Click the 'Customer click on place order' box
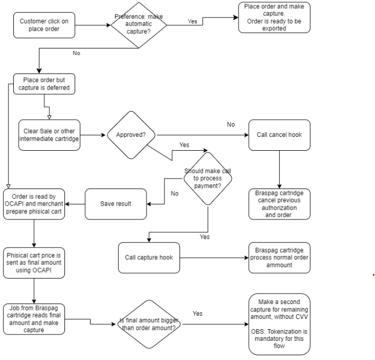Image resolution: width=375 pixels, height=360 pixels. coord(44,24)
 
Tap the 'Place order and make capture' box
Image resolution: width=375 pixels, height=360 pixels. coord(274,18)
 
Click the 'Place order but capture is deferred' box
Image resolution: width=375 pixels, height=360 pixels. coord(44,84)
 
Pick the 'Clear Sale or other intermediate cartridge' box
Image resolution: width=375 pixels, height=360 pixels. coord(48,134)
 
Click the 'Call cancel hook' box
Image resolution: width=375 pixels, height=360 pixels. coord(280,134)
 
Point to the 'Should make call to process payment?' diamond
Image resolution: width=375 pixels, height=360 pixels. coord(208,178)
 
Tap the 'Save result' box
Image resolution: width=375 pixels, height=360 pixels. coord(115,204)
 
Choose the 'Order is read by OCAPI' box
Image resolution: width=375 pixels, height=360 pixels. coord(34,203)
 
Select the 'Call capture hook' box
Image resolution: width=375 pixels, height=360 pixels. coord(149,257)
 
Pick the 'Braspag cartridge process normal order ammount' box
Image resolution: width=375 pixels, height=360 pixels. coord(279,257)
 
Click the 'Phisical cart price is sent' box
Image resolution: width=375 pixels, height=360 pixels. coord(34,262)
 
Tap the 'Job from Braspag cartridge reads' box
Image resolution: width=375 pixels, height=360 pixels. coord(34,318)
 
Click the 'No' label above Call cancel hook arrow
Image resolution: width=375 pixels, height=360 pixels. coord(231,124)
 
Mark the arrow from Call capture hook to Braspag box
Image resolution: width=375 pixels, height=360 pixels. coord(214,258)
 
